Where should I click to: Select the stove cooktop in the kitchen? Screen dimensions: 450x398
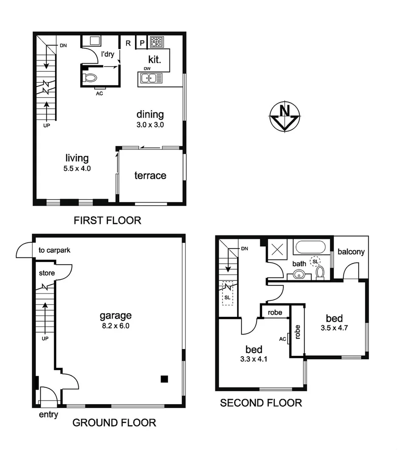(157, 42)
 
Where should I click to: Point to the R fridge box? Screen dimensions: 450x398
(127, 43)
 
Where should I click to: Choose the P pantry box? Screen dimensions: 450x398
(141, 43)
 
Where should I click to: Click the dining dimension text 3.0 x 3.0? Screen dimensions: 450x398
(150, 125)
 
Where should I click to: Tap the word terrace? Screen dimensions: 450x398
(150, 176)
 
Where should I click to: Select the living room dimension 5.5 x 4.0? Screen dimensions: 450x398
(77, 168)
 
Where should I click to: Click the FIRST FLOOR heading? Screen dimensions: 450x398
(107, 221)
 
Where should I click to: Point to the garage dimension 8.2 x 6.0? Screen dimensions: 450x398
(115, 326)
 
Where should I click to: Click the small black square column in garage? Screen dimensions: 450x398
(164, 379)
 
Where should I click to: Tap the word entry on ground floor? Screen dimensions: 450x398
(48, 415)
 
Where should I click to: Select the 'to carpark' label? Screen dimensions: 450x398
(54, 250)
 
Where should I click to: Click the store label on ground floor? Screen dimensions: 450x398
(46, 273)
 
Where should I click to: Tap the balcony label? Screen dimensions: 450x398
(351, 252)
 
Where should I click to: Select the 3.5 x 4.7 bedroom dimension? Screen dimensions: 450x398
(334, 327)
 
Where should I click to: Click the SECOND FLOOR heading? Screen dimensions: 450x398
(261, 403)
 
